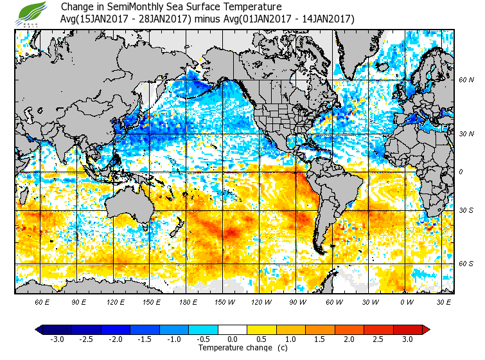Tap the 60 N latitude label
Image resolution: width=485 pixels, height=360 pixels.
[x=466, y=80]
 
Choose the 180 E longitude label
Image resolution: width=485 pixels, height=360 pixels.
[x=189, y=301]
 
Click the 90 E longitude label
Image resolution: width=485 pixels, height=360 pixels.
[x=79, y=301]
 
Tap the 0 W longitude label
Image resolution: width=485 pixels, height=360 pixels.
[x=407, y=301]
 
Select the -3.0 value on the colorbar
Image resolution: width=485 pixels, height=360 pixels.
[x=57, y=339]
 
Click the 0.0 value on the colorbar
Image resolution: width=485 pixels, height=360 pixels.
[x=233, y=339]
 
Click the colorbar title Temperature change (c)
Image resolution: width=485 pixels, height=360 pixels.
[x=233, y=348]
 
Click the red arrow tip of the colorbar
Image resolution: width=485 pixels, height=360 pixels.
[x=427, y=330]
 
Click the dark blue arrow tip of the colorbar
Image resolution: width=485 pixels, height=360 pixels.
[x=39, y=330]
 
